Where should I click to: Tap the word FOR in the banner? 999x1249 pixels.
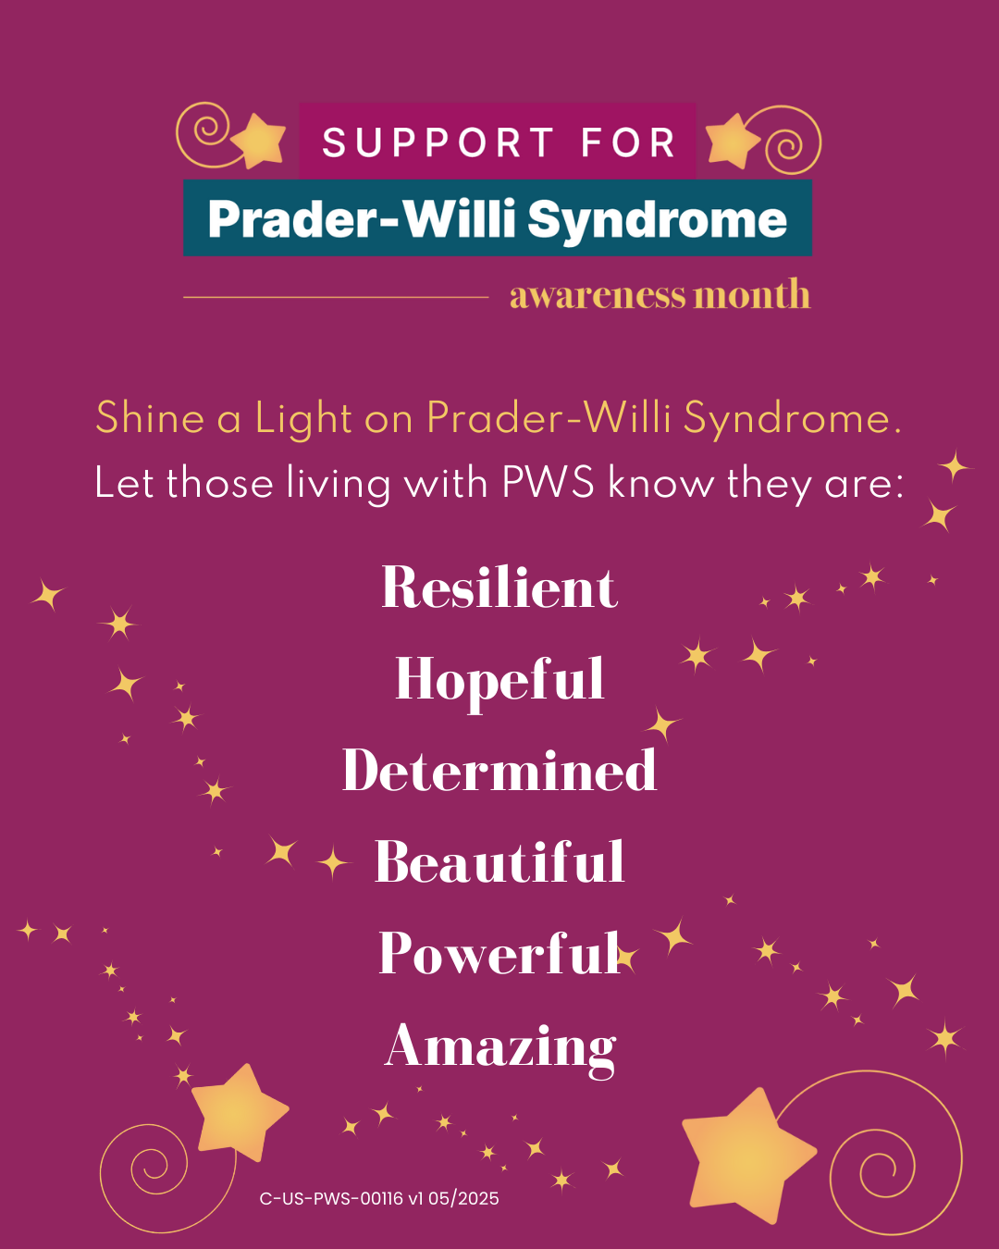point(629,142)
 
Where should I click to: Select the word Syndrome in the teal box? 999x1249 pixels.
point(657,220)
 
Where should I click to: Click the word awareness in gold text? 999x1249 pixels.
point(598,295)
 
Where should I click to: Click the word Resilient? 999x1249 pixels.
point(499,587)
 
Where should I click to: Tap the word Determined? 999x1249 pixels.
point(499,770)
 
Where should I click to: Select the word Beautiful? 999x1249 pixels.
point(499,861)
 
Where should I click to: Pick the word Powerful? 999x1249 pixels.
point(499,952)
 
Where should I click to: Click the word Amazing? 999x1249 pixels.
point(499,1048)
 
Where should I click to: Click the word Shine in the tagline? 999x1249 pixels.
point(150,417)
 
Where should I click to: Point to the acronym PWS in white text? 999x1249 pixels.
point(548,482)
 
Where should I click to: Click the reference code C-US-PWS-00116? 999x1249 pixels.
point(331,1199)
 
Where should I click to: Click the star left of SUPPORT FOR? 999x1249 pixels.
point(259,141)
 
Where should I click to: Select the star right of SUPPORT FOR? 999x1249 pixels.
point(733,141)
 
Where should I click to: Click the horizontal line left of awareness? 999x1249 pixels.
point(336,297)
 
